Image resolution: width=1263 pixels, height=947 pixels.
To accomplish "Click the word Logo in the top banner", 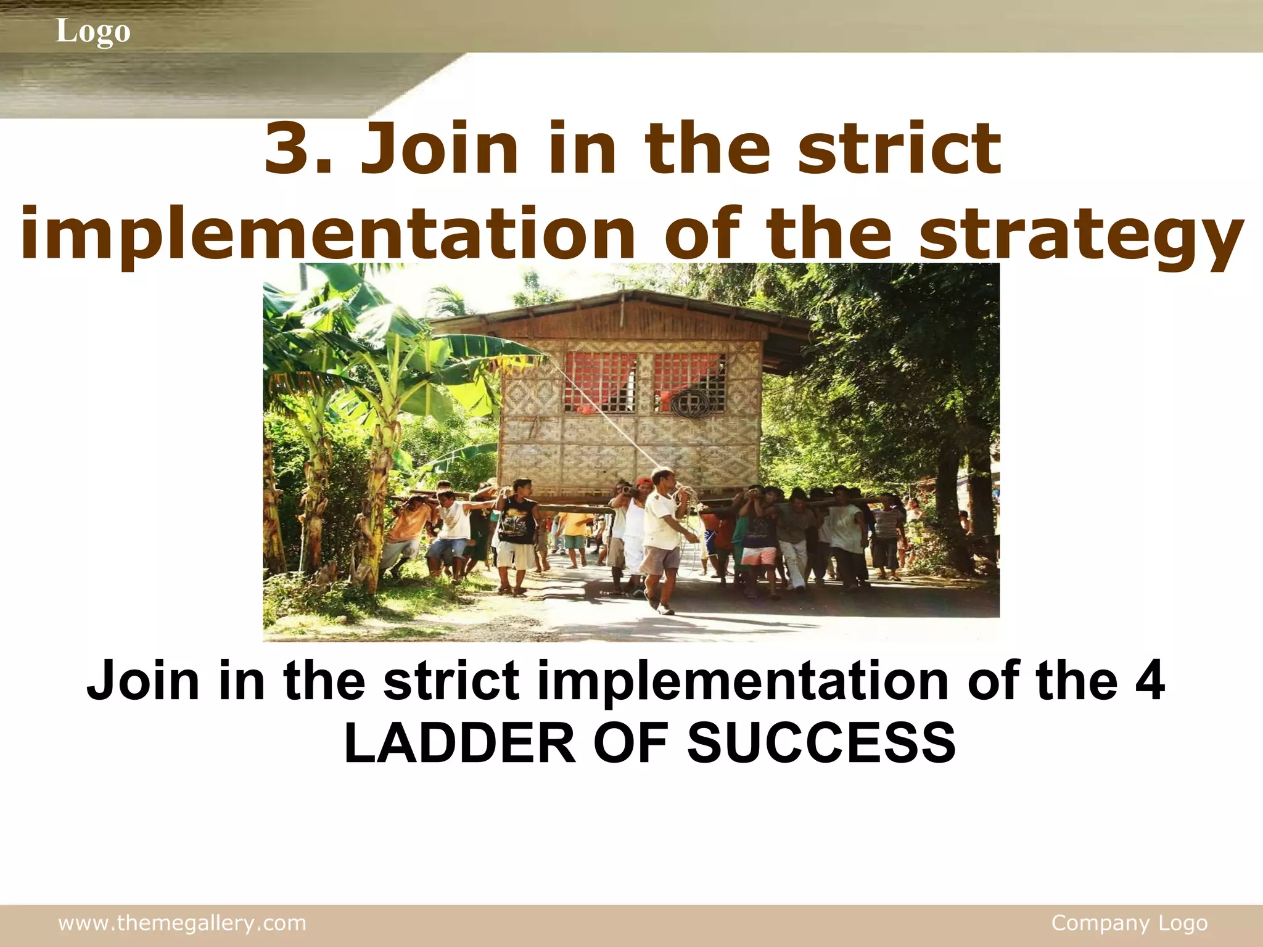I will coord(93,31).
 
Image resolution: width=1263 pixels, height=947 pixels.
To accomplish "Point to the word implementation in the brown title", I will coord(327,234).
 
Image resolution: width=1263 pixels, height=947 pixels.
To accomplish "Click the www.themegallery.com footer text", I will coord(182,923).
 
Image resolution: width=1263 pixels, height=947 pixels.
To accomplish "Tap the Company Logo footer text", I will coord(1129,923).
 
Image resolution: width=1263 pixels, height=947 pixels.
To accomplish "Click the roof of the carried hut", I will coord(623,308).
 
